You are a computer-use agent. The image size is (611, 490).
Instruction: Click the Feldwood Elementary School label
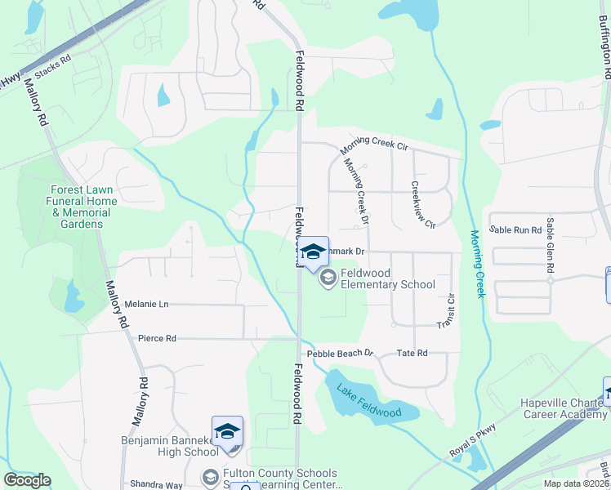click(387, 278)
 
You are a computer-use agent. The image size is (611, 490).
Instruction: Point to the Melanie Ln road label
click(146, 304)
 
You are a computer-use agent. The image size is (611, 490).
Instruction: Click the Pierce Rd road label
click(157, 338)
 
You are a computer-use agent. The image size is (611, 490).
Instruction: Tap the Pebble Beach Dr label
click(340, 354)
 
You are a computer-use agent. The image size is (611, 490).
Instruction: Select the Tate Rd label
click(412, 353)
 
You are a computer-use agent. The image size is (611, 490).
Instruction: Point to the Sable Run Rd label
click(515, 230)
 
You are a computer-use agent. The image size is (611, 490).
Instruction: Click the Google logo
click(27, 479)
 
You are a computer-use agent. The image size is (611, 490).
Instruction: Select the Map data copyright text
click(575, 483)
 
